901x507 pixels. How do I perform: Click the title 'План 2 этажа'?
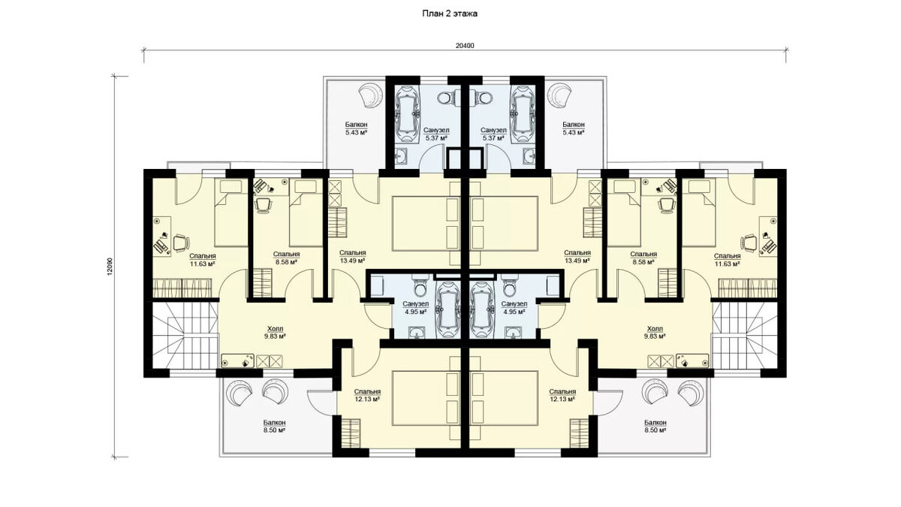tap(450, 14)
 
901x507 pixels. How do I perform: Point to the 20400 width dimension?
tap(465, 46)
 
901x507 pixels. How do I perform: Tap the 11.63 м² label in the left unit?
tap(202, 264)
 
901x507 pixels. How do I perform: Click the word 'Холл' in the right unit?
tap(655, 329)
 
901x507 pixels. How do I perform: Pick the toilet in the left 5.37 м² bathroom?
tap(444, 98)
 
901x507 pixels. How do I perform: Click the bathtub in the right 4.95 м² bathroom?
tap(483, 309)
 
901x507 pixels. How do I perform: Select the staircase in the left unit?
tap(184, 335)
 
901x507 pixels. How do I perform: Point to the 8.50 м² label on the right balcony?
tap(655, 430)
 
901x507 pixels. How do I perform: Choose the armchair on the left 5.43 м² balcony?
tap(369, 95)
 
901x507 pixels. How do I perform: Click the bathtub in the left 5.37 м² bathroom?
tap(408, 114)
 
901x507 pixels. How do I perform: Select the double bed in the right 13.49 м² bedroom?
tap(505, 224)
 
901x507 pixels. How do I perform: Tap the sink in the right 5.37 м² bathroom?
tap(530, 156)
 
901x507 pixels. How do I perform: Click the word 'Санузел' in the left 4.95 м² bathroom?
tap(415, 303)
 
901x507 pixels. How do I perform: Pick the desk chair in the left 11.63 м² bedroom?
tap(181, 243)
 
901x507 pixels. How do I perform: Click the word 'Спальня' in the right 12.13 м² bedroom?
tap(562, 391)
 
